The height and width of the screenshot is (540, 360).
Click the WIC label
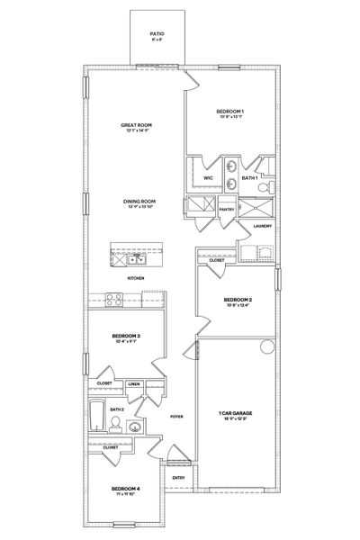208,178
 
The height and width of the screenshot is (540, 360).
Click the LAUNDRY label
263,226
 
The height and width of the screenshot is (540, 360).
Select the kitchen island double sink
137,261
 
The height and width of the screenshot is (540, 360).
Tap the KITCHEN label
136,279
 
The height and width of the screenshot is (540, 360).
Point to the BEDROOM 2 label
237,299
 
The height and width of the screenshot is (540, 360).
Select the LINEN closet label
134,384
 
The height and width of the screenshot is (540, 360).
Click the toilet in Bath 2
135,427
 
